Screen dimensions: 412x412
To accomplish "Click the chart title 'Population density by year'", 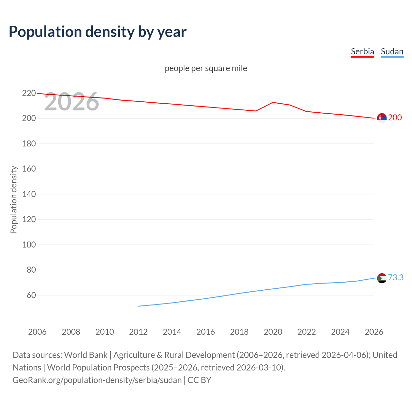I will click(x=98, y=32).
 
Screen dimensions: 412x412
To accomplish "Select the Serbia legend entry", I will click(x=362, y=51).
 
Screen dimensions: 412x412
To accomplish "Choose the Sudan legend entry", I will click(x=392, y=51).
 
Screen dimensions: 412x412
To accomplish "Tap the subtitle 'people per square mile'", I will click(x=206, y=68).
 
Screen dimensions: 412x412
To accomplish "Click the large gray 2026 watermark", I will click(x=71, y=102).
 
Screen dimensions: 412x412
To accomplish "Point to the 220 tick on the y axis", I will click(x=29, y=93).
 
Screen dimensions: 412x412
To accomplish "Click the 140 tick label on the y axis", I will click(x=29, y=194).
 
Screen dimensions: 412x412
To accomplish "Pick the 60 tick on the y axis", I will click(x=31, y=295).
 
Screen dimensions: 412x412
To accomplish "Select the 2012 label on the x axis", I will click(x=138, y=332).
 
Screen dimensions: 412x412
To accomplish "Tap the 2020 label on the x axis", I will click(x=273, y=332).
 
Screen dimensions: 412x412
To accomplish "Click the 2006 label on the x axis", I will click(x=37, y=332).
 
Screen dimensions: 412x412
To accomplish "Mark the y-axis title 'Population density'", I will click(x=14, y=200).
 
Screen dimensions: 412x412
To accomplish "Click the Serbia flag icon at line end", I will click(x=382, y=118).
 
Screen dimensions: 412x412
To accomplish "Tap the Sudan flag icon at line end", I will click(x=382, y=278).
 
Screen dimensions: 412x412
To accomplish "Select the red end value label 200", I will click(x=395, y=117).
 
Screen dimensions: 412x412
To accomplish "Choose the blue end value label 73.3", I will click(x=396, y=277).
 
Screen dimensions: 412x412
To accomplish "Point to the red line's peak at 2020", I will click(x=273, y=102).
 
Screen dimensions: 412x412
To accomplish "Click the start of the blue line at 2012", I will click(x=138, y=306).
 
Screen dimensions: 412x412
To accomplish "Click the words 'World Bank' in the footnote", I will click(x=86, y=355).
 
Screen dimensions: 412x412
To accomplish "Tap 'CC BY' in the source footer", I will click(x=199, y=380).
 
